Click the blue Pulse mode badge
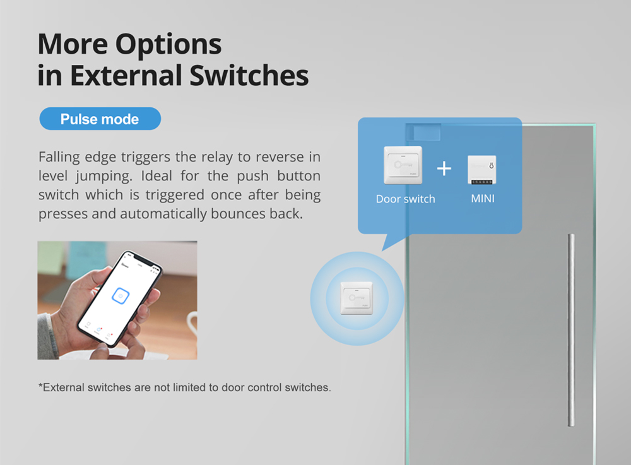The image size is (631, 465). pyautogui.click(x=100, y=119)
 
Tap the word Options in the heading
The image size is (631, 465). pyautogui.click(x=168, y=44)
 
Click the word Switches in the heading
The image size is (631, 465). pyautogui.click(x=249, y=75)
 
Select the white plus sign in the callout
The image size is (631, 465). pyautogui.click(x=444, y=168)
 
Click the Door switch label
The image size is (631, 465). pyautogui.click(x=405, y=199)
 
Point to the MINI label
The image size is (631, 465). pyautogui.click(x=483, y=199)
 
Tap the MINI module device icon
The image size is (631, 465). pyautogui.click(x=481, y=170)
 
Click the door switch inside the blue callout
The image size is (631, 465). pyautogui.click(x=403, y=165)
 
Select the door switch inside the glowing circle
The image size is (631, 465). pyautogui.click(x=357, y=298)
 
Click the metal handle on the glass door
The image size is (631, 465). pyautogui.click(x=571, y=330)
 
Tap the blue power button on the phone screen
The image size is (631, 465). pyautogui.click(x=121, y=296)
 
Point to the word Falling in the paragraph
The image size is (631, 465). pyautogui.click(x=59, y=157)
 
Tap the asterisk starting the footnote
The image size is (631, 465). pyautogui.click(x=40, y=386)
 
